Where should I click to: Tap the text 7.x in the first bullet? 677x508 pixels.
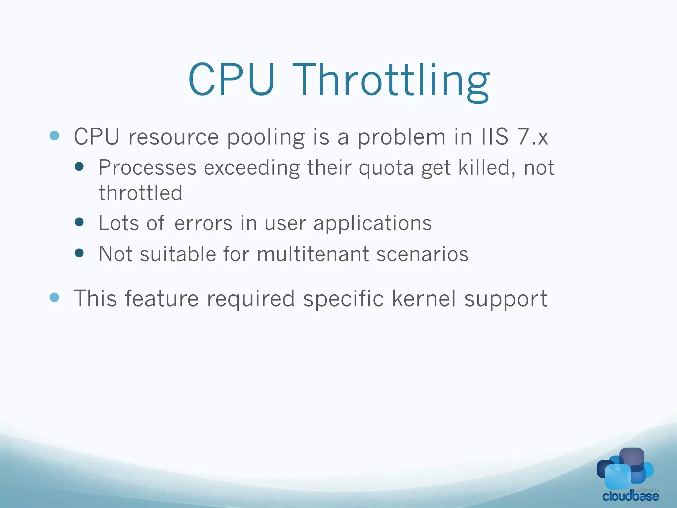click(x=533, y=137)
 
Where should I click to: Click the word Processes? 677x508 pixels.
click(x=147, y=168)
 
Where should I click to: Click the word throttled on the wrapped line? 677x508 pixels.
click(x=140, y=193)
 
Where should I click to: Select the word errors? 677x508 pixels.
click(x=203, y=223)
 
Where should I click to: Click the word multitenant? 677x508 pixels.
click(x=313, y=254)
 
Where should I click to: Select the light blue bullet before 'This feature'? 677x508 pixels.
click(x=54, y=297)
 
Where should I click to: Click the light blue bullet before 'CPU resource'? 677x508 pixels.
click(x=54, y=136)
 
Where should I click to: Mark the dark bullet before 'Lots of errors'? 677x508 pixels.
click(x=79, y=222)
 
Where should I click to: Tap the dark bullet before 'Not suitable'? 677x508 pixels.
click(x=79, y=253)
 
